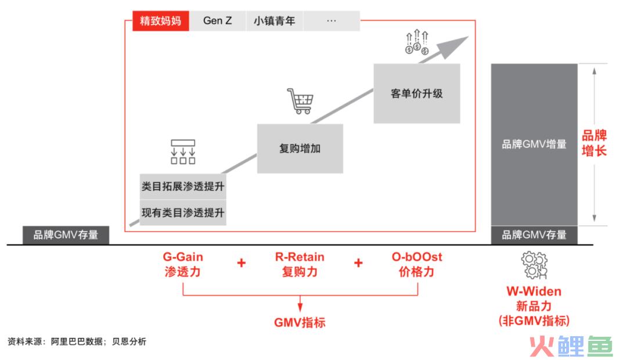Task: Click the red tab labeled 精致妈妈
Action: [x=161, y=21]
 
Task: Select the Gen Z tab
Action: [x=218, y=21]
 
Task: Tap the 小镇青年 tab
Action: [x=274, y=21]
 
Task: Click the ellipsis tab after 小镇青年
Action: [x=331, y=21]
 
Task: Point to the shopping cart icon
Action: [x=300, y=101]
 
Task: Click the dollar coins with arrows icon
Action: [x=417, y=42]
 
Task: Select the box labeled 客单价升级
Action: [x=417, y=93]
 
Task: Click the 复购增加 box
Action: [x=300, y=149]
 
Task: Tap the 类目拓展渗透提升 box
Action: [x=183, y=186]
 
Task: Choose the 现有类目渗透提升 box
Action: [x=183, y=213]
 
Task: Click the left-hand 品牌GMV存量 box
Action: [x=66, y=235]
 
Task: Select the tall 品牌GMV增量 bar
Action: [x=534, y=145]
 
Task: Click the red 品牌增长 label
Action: [x=594, y=143]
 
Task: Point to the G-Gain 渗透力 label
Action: [x=183, y=264]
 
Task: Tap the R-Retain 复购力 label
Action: [x=300, y=264]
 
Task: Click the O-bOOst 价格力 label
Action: [x=417, y=264]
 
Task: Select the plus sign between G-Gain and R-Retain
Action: [x=242, y=263]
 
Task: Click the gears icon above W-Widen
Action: [x=534, y=265]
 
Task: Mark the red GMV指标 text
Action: [x=300, y=322]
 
